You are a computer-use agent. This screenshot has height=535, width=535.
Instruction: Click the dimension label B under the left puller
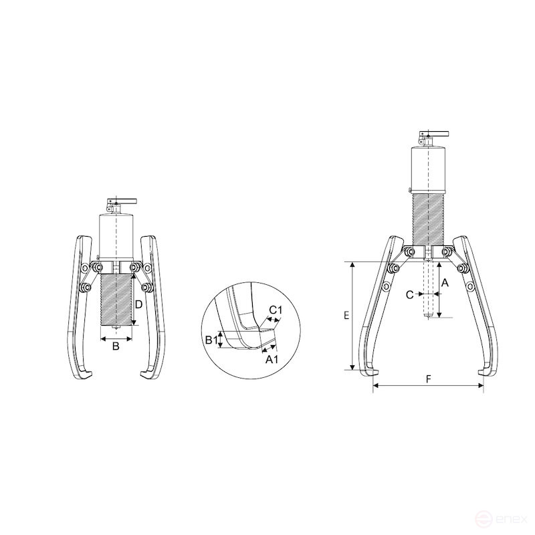click(116, 346)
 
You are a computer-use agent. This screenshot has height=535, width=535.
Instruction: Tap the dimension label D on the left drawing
click(138, 304)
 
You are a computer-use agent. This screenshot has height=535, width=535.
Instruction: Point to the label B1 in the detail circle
click(210, 340)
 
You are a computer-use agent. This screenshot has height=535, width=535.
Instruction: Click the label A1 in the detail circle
click(272, 359)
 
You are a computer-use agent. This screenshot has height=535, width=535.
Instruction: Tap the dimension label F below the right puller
click(428, 379)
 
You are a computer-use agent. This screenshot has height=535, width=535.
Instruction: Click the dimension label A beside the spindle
click(445, 283)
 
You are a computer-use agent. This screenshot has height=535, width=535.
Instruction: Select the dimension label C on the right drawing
click(410, 294)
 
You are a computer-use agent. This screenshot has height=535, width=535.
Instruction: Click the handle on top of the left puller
click(120, 201)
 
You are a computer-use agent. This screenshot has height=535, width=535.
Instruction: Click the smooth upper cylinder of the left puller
click(116, 234)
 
